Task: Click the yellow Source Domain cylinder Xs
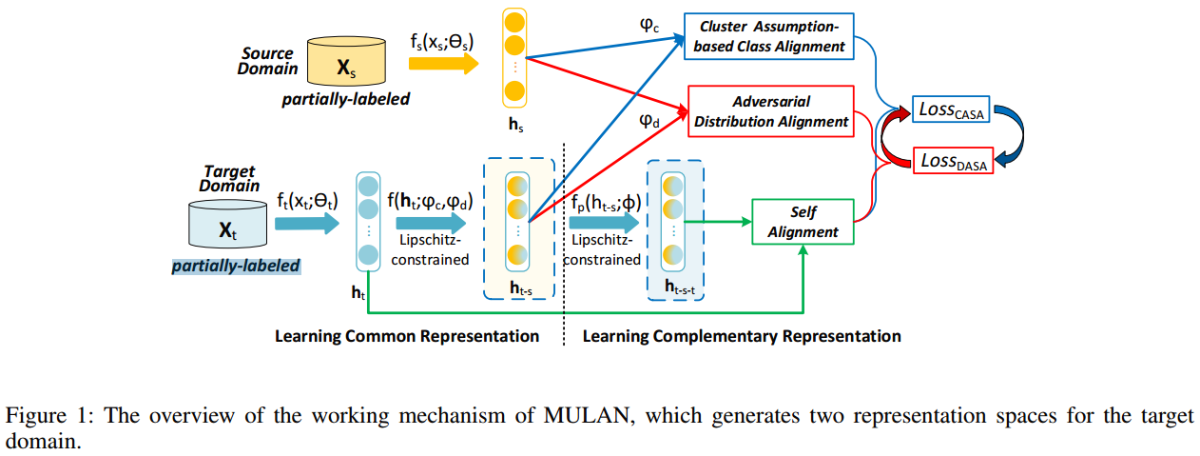tap(348, 66)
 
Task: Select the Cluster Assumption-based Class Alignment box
tap(770, 36)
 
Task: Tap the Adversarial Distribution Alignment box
tap(771, 111)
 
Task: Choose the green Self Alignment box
tap(803, 222)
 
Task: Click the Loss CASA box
tap(952, 110)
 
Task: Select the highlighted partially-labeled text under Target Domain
tap(236, 267)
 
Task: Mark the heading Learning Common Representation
tap(406, 336)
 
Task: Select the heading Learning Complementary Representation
tap(741, 336)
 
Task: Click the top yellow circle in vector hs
tap(514, 20)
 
